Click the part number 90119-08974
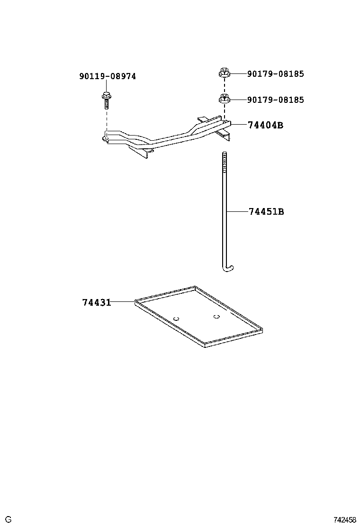108,76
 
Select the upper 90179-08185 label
275,73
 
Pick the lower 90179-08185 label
275,100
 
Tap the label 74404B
265,125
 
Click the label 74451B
266,211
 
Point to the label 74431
96,302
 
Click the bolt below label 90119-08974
106,100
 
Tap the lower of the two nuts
225,99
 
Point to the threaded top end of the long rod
225,161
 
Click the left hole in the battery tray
176,318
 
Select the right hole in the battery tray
216,316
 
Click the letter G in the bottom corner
9,519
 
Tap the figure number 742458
344,519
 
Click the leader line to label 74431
123,302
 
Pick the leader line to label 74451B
238,211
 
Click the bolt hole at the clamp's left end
106,138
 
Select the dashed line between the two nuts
225,86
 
